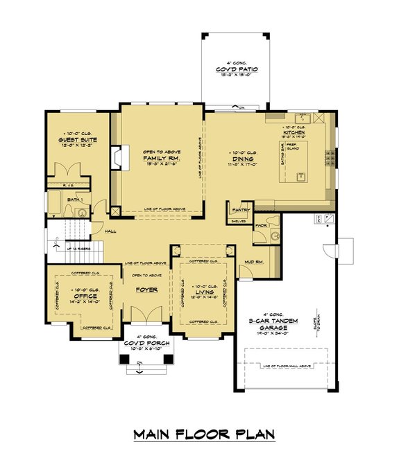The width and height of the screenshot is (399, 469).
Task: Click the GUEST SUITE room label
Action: tap(78, 140)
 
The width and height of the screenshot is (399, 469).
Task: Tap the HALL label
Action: tap(110, 231)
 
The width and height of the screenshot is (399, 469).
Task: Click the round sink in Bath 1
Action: tap(83, 214)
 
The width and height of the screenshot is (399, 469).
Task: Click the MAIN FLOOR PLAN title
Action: tap(203, 435)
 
